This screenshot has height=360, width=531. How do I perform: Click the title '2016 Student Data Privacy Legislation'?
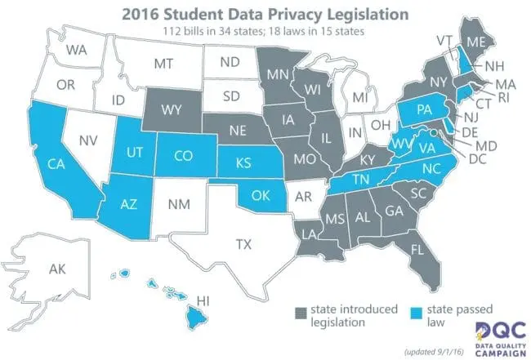tap(265, 13)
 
